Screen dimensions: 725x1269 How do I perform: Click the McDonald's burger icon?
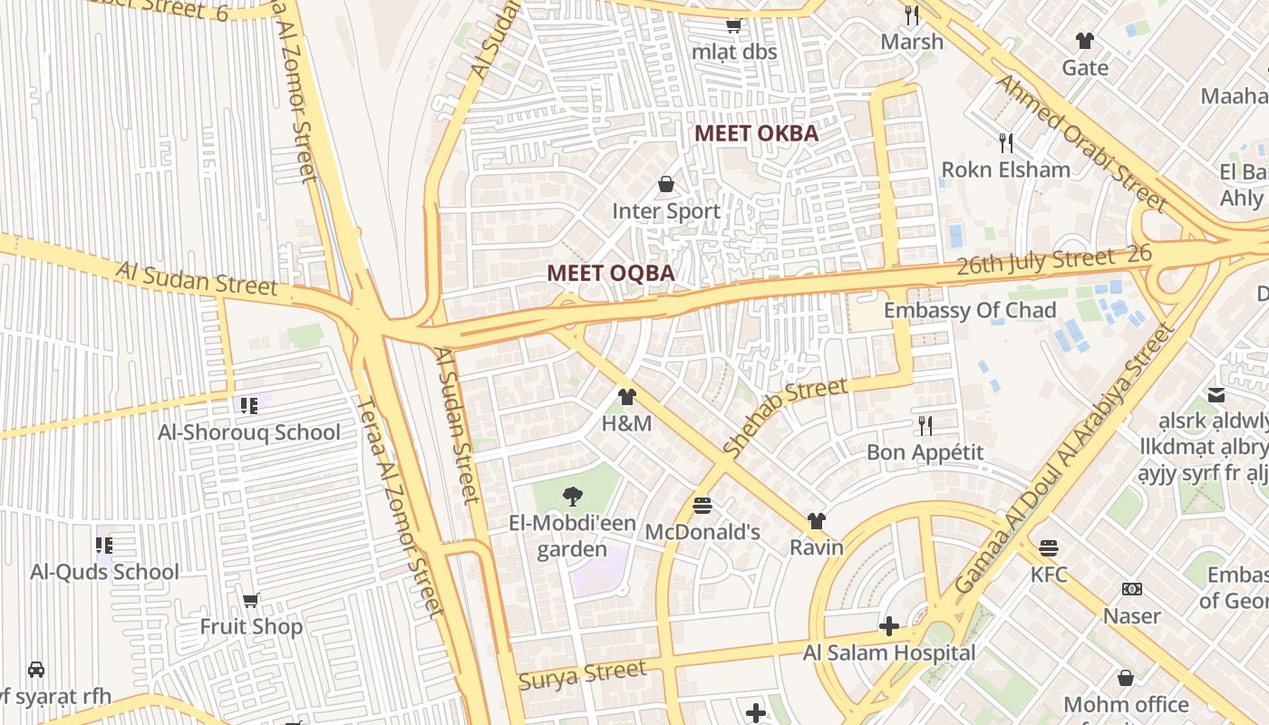coord(702,504)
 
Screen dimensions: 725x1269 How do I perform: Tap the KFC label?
coord(1049,575)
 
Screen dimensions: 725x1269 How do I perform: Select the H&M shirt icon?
coord(626,397)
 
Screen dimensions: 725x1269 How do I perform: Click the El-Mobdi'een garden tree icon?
coord(572,496)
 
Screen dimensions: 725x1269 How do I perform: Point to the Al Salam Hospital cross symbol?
coord(889,626)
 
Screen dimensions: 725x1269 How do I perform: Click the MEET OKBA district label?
coord(756,134)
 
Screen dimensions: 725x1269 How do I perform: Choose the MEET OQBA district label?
coord(611,274)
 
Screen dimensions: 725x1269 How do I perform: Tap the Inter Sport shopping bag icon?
coord(666,185)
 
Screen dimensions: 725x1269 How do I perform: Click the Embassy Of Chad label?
coord(970,311)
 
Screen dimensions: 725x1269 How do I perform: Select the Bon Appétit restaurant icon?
coord(925,425)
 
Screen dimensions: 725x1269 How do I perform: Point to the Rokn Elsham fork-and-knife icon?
coord(1005,142)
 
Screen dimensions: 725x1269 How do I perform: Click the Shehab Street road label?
coord(786,416)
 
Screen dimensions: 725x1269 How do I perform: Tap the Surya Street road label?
coord(582,675)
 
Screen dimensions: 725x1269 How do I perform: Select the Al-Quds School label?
coord(105,572)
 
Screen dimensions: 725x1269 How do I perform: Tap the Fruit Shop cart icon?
coord(251,600)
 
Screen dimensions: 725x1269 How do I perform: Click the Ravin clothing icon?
coord(817,520)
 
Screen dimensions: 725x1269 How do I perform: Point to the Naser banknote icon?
coord(1131,589)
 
